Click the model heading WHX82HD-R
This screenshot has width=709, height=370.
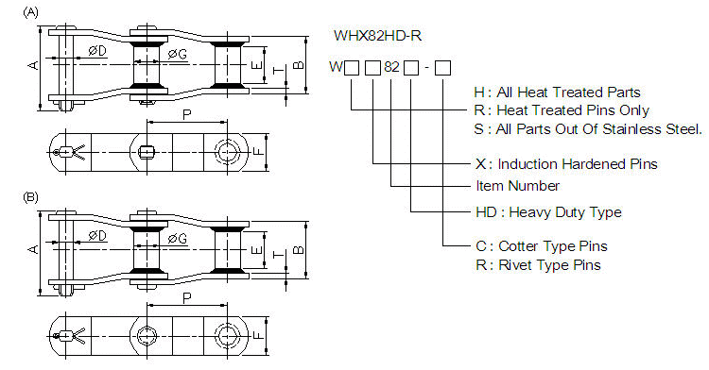(x=377, y=37)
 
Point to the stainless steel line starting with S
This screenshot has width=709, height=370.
(x=588, y=128)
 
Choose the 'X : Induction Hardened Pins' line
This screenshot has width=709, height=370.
(x=566, y=164)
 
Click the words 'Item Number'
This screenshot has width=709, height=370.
(x=516, y=185)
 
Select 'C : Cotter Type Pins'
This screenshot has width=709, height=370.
(x=536, y=247)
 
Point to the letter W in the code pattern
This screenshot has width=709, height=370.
(x=336, y=68)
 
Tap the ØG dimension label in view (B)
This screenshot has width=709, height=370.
(x=177, y=238)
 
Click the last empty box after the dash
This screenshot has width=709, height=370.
(x=442, y=68)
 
